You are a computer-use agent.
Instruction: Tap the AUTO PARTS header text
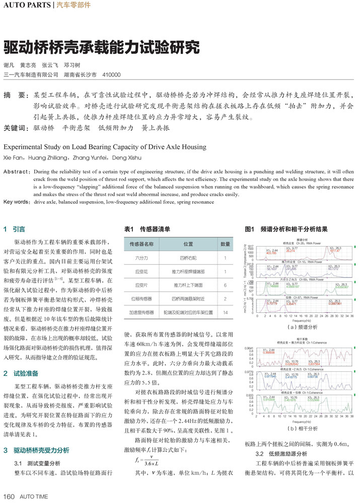tap(26, 6)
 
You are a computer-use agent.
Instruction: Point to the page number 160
tap(10, 496)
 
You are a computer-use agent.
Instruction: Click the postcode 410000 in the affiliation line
tap(111, 74)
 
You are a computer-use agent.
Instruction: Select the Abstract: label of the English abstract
tap(18, 172)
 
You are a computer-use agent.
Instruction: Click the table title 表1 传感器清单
tap(148, 229)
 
